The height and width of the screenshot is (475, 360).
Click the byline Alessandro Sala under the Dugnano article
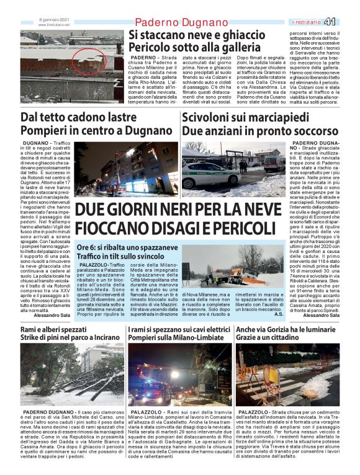52,315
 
